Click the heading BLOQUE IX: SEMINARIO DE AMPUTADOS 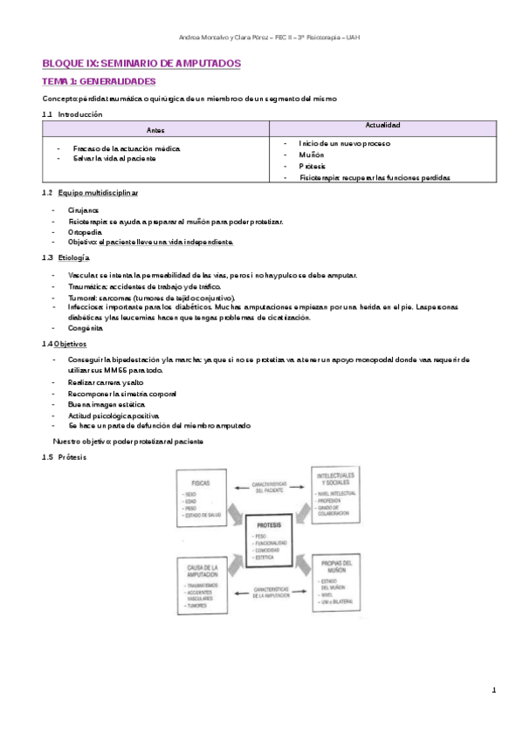click(x=141, y=65)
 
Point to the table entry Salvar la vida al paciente click(x=114, y=159)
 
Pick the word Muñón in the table click(x=311, y=154)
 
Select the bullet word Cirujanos click(x=84, y=210)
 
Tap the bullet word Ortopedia click(x=85, y=232)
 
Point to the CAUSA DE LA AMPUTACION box click(x=203, y=586)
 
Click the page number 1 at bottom click(x=493, y=691)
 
